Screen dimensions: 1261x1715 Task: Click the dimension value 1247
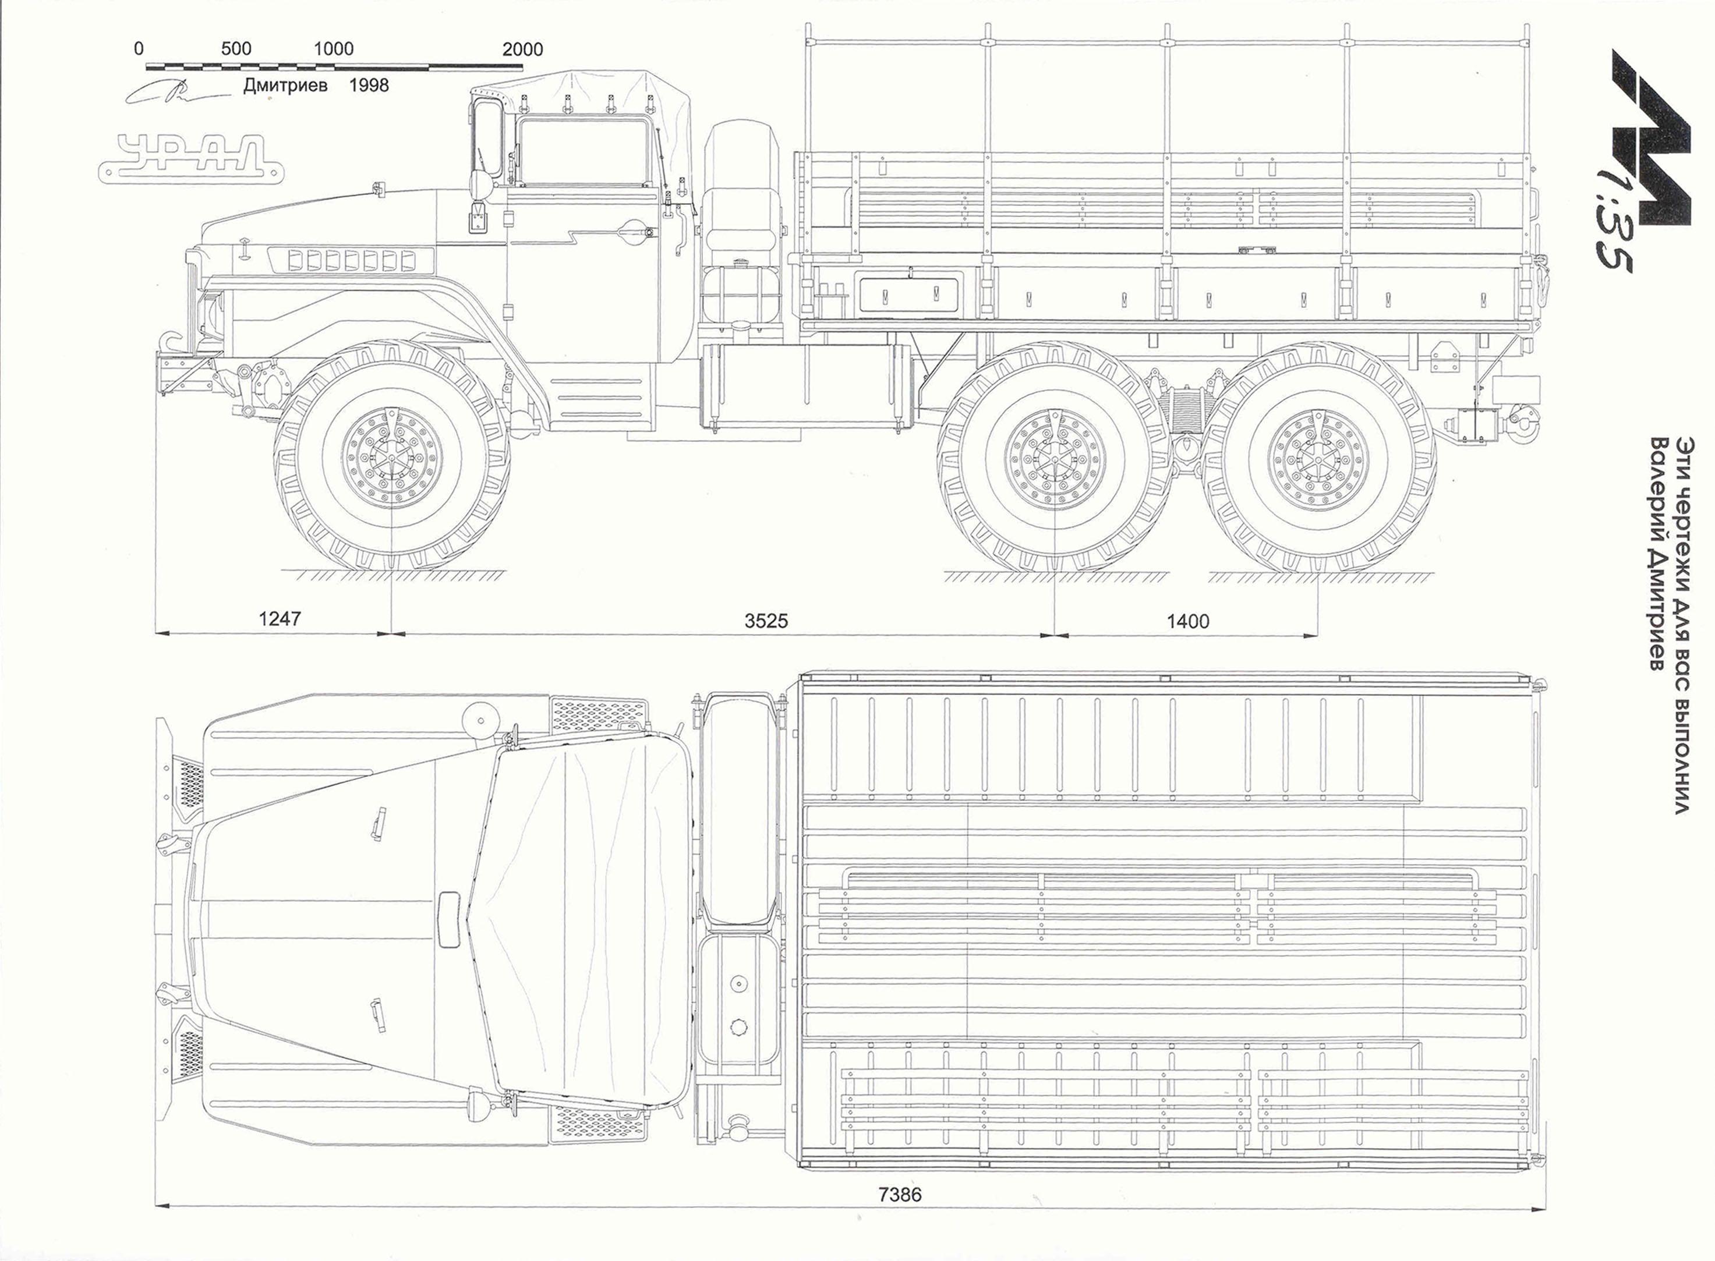pyautogui.click(x=280, y=618)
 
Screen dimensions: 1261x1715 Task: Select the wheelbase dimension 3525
pyautogui.click(x=766, y=621)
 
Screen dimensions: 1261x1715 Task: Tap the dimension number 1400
pyautogui.click(x=1187, y=621)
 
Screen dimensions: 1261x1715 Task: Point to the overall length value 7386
pyautogui.click(x=900, y=1195)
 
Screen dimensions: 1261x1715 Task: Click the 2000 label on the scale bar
pyautogui.click(x=522, y=49)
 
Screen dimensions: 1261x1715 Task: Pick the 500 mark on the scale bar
pyautogui.click(x=236, y=49)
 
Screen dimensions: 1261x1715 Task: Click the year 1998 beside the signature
pyautogui.click(x=369, y=85)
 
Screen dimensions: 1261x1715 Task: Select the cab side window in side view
pyautogui.click(x=582, y=153)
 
